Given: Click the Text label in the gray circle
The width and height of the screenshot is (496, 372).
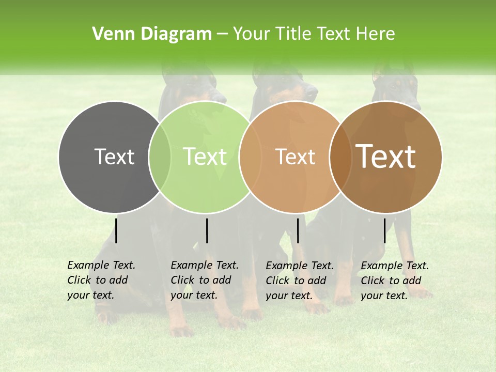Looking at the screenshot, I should tap(114, 157).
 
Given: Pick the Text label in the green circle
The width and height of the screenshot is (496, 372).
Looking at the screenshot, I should tap(205, 157).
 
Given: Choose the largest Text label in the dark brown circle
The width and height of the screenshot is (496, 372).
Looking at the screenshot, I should tap(385, 157).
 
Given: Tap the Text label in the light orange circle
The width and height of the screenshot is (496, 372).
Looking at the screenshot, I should tap(295, 157).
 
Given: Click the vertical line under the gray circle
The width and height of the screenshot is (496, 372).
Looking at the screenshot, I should tap(116, 230).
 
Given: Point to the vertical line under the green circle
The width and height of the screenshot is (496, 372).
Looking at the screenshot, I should tap(207, 230).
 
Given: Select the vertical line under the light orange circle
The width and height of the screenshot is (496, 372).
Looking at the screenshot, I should tap(298, 230).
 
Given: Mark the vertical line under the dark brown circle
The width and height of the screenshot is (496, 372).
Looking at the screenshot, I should tap(384, 230).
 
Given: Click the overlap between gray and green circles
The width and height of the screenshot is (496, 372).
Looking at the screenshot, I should tap(160, 157).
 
